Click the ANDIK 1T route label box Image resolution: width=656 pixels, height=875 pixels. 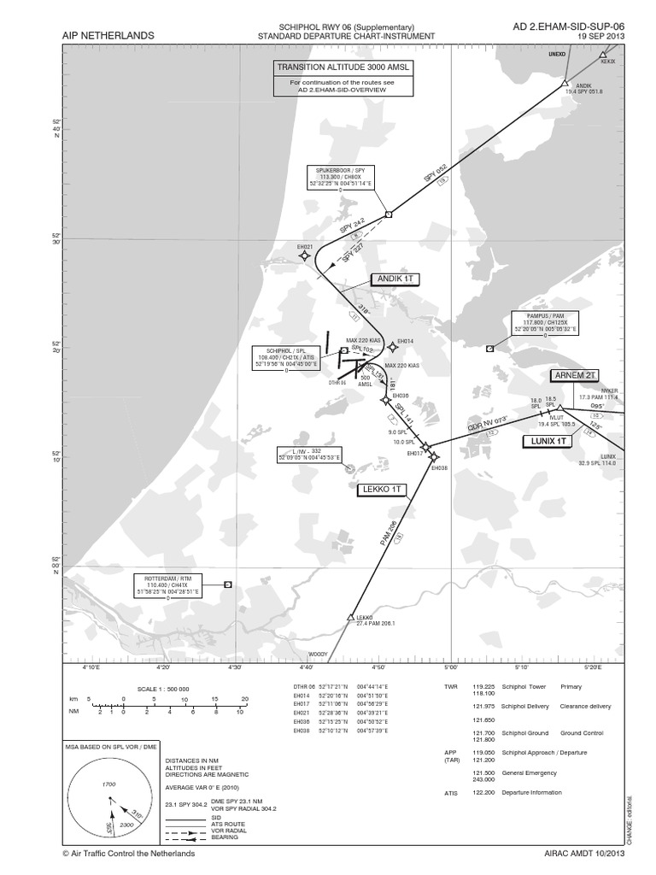click(x=395, y=279)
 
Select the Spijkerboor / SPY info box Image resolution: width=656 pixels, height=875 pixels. click(x=341, y=177)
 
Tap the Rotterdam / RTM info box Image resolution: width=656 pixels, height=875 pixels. click(x=167, y=584)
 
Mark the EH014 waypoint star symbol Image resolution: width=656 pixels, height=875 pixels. click(x=392, y=346)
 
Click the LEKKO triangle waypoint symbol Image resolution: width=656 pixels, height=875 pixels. click(x=351, y=617)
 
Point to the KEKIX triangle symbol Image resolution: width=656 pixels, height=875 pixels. click(x=603, y=55)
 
